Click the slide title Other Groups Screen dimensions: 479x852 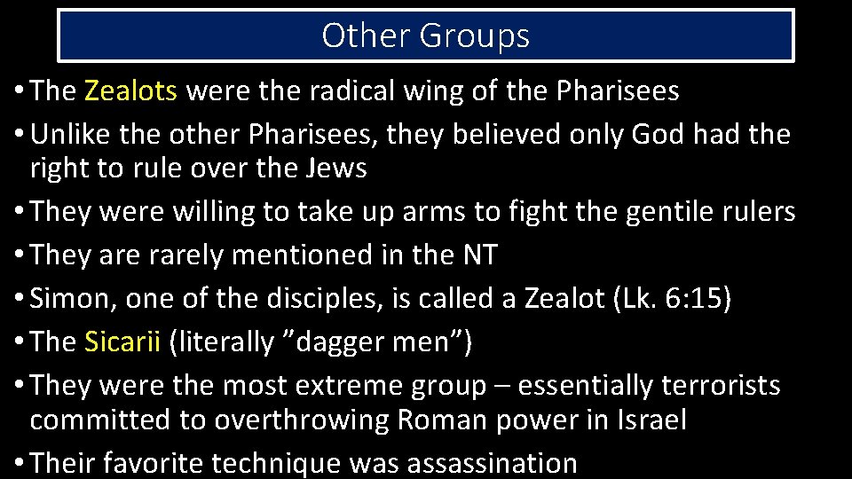425,35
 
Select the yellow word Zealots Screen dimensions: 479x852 131,90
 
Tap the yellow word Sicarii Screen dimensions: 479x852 122,342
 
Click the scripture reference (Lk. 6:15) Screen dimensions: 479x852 672,299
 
